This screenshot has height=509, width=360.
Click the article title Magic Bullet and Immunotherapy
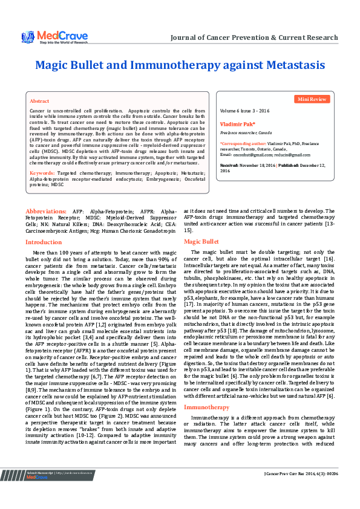pos(180,65)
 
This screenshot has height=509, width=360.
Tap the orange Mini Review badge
pos(312,99)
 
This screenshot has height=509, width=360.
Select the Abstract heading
pos(39,101)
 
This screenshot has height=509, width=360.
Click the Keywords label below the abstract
pos(42,173)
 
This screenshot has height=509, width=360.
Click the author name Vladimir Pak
pos(237,124)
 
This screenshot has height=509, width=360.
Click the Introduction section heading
pos(43,242)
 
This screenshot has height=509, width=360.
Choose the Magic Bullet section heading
pos(201,241)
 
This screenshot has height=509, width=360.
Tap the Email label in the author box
pos(226,155)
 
